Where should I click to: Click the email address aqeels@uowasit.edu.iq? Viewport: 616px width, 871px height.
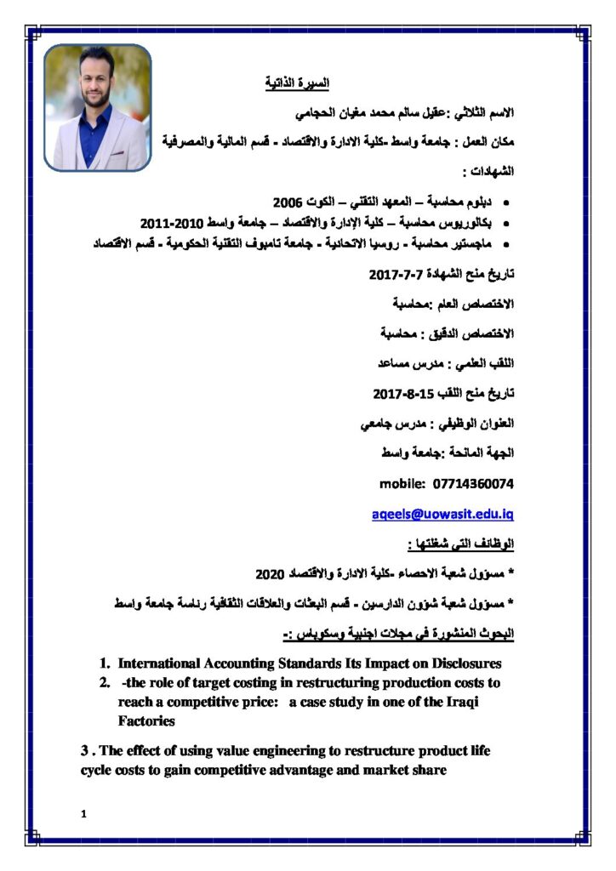point(443,515)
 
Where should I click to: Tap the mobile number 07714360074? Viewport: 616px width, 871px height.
point(473,484)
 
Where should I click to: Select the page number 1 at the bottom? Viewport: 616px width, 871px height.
point(83,815)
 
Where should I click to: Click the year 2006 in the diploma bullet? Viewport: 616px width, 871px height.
point(288,202)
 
